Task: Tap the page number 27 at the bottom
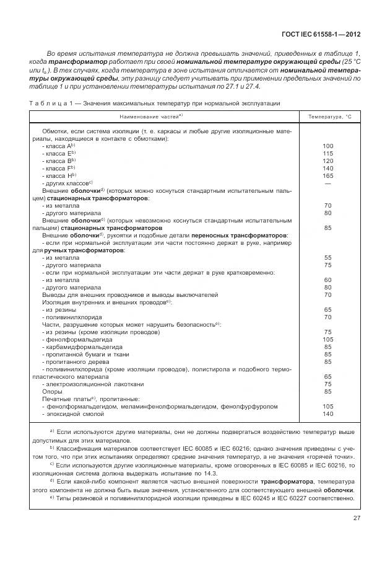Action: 357,519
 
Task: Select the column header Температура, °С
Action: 329,116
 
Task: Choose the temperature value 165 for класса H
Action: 328,175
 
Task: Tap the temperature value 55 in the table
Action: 328,257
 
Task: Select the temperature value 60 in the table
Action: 328,280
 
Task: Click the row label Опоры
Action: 52,391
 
